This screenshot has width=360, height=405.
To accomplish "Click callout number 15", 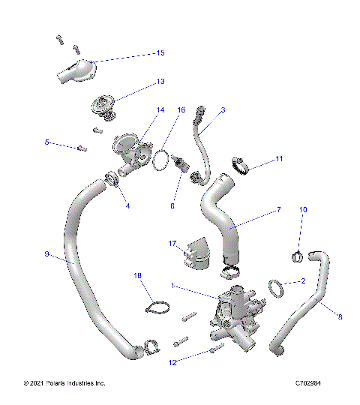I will (x=160, y=53).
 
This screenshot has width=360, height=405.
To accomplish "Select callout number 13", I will (x=160, y=82).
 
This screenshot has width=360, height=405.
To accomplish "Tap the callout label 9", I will (x=46, y=255).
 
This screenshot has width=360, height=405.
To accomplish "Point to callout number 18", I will (x=137, y=276).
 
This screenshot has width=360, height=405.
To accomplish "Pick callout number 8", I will (x=340, y=317).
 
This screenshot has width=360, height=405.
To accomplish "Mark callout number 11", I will (x=279, y=159).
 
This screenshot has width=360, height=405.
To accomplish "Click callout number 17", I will (x=172, y=243).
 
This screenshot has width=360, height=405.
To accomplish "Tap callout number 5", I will (x=46, y=142).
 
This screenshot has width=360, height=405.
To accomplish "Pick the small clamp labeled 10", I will (x=296, y=257).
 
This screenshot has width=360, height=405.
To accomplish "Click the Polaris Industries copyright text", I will (x=64, y=383).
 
